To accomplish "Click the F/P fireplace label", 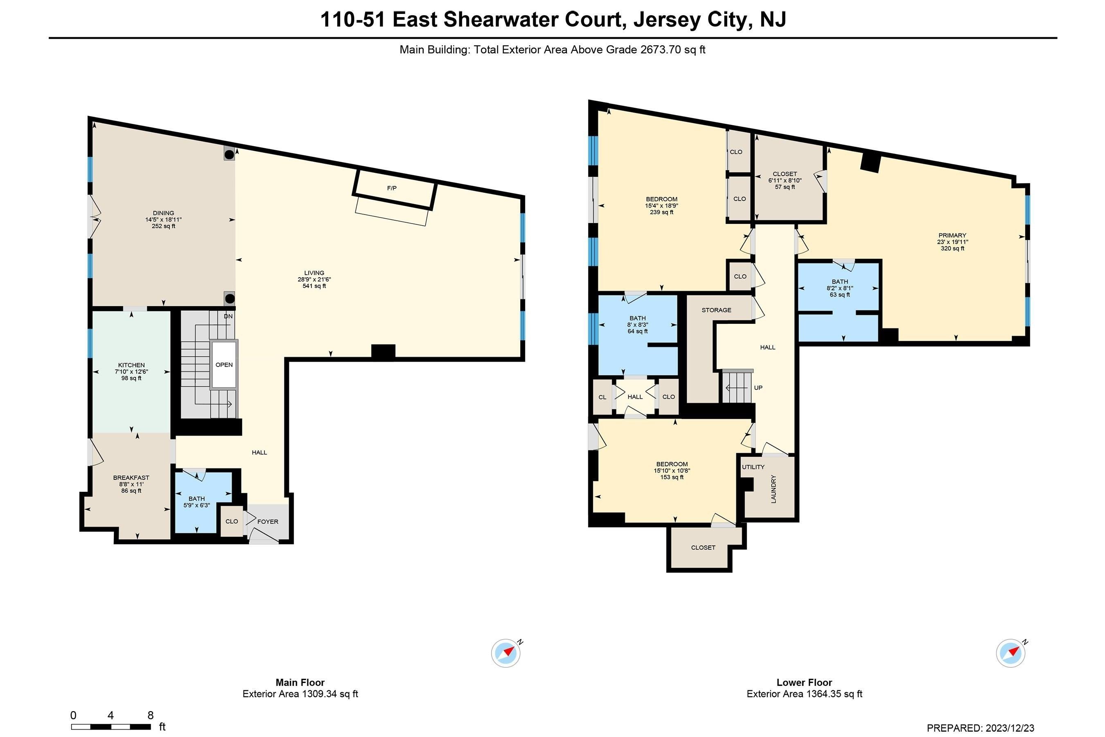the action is (x=392, y=188).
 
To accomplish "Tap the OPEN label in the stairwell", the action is (x=224, y=365).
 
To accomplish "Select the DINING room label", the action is (x=163, y=213).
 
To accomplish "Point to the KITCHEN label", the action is (x=131, y=365).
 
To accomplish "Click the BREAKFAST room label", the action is (x=131, y=478).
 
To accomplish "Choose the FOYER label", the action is (x=268, y=522).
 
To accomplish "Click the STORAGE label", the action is (x=717, y=310).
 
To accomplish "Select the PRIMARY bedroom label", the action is (x=952, y=235).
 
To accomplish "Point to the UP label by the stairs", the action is (x=758, y=388).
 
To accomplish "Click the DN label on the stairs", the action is (x=228, y=317).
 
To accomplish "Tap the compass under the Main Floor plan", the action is (x=506, y=653).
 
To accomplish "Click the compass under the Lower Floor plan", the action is (x=1011, y=653).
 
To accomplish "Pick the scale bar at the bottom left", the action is (x=111, y=727).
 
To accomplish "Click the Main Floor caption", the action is (x=300, y=683).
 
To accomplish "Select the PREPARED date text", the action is (x=981, y=728).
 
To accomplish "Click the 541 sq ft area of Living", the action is (x=314, y=286).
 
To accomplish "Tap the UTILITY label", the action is (x=753, y=467).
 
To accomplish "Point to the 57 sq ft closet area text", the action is (x=785, y=187).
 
